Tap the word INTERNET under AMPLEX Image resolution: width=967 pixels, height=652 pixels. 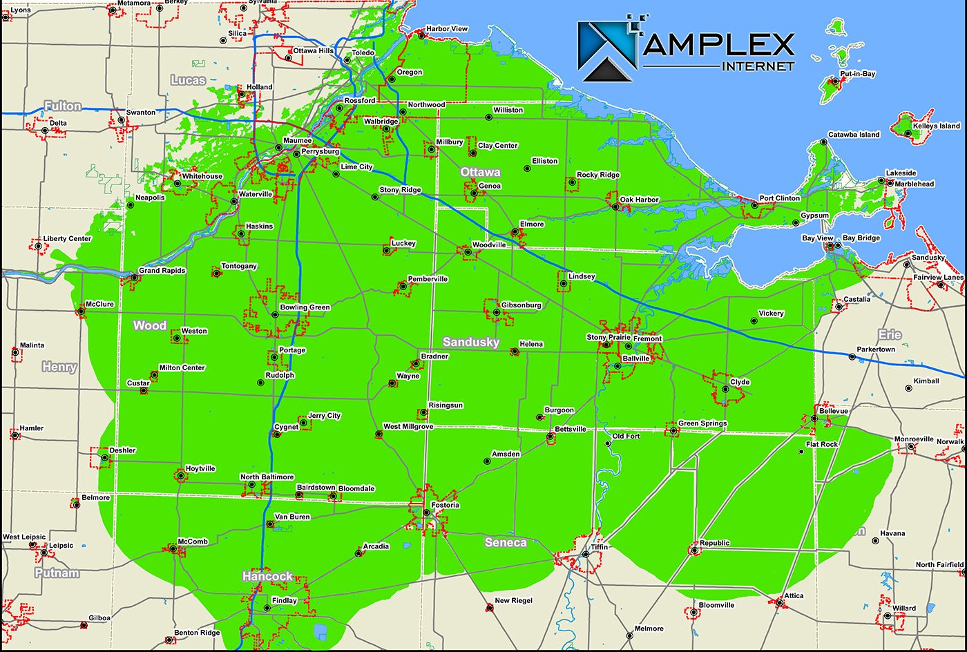coord(758,66)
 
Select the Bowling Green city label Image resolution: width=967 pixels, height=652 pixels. coord(305,307)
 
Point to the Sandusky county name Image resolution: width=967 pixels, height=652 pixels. coord(470,342)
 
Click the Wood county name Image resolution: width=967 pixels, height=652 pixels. coord(150,325)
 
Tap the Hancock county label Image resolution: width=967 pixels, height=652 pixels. coord(267,576)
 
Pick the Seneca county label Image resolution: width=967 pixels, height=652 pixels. coord(506,542)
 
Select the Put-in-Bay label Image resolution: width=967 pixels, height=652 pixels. coord(857,74)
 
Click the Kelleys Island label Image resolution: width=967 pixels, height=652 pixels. coord(936,126)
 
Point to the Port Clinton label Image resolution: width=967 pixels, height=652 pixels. coord(780,198)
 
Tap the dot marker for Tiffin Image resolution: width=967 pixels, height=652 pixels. coord(585,553)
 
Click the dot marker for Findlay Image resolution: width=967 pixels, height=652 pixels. coord(267,608)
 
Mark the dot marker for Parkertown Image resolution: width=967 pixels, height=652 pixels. coord(852,356)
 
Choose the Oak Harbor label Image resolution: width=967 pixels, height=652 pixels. coord(639,200)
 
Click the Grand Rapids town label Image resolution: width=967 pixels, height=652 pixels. coord(162,271)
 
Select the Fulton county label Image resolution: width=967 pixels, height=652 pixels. coord(63,106)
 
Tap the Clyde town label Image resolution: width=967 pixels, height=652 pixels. coord(740,382)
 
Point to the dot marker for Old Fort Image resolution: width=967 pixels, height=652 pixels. coord(607,443)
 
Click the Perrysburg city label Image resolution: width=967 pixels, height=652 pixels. coord(320,151)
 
